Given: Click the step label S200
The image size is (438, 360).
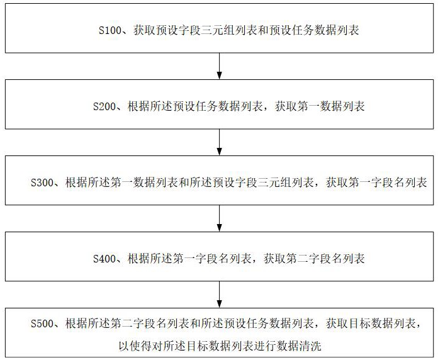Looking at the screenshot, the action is pyautogui.click(x=104, y=106).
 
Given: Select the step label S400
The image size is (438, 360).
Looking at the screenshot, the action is pyautogui.click(x=104, y=259).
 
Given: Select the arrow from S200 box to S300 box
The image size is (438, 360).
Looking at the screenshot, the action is pyautogui.click(x=219, y=142).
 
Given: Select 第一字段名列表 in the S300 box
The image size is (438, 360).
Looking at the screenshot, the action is pyautogui.click(x=393, y=183).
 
